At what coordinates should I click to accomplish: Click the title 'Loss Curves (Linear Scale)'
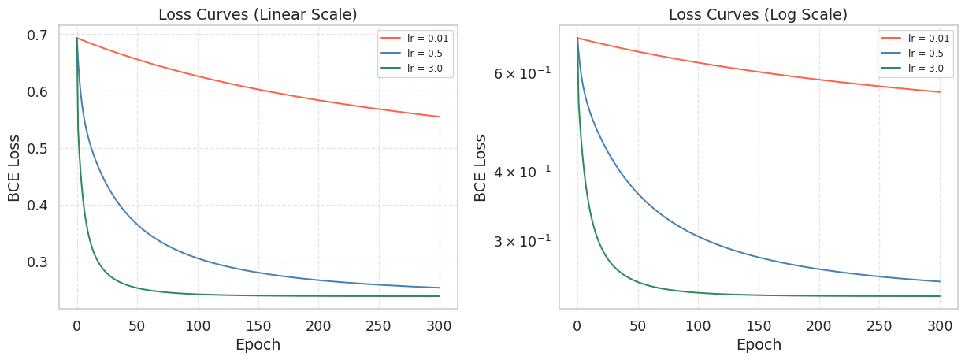click(x=258, y=14)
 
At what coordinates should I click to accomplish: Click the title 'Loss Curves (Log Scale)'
click(x=758, y=14)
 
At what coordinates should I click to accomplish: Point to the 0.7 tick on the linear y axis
click(x=37, y=35)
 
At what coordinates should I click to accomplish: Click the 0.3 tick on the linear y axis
click(x=37, y=262)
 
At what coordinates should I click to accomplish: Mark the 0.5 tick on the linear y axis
click(x=37, y=149)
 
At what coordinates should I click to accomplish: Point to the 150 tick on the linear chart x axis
click(x=258, y=325)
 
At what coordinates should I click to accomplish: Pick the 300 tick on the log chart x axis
click(x=940, y=325)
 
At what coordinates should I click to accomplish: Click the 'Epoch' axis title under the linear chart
click(x=258, y=344)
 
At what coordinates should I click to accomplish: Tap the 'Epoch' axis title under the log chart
click(x=758, y=344)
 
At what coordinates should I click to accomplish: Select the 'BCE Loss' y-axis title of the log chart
click(x=481, y=167)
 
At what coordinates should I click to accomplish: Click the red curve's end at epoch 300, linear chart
click(x=440, y=117)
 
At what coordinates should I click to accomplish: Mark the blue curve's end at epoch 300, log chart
click(x=940, y=281)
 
